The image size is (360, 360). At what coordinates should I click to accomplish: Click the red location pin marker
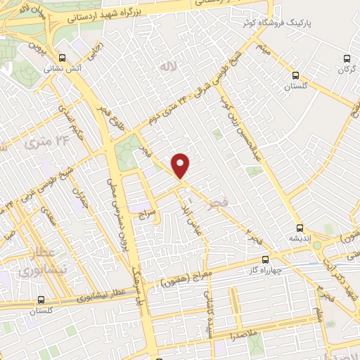click(x=181, y=165)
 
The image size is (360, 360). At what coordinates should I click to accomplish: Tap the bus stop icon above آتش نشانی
click(x=63, y=58)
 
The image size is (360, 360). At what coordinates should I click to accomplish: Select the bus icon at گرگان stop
click(x=346, y=59)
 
